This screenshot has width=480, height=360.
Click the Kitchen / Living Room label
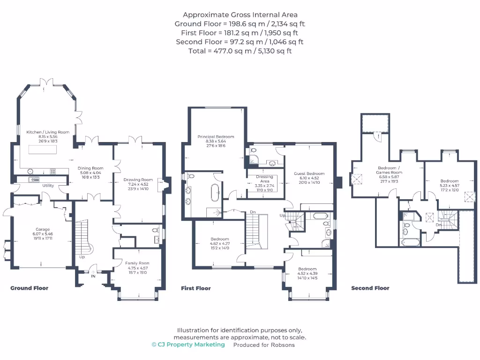pyautogui.click(x=47, y=132)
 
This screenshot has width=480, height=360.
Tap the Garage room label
pyautogui.click(x=43, y=229)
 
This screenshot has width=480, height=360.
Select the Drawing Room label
pyautogui.click(x=138, y=180)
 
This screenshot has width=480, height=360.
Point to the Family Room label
pyautogui.click(x=138, y=263)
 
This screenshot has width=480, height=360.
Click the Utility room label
pyautogui.click(x=48, y=186)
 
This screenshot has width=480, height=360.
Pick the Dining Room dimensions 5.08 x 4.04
pyautogui.click(x=90, y=173)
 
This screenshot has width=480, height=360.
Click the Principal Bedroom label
pyautogui.click(x=216, y=137)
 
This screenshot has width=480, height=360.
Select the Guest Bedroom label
pyautogui.click(x=309, y=173)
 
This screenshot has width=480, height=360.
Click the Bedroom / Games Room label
pyautogui.click(x=390, y=170)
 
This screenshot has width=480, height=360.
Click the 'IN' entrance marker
pyautogui.click(x=93, y=276)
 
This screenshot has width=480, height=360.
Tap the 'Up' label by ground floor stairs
pyautogui.click(x=82, y=257)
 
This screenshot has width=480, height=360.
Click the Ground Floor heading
pyautogui.click(x=29, y=288)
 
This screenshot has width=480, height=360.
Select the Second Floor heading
pyautogui.click(x=370, y=288)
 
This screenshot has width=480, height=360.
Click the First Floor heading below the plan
pyautogui.click(x=196, y=288)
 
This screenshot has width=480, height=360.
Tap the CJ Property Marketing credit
pyautogui.click(x=188, y=345)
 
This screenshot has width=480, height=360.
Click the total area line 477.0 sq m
pyautogui.click(x=240, y=51)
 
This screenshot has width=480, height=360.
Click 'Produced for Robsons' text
pyautogui.click(x=264, y=345)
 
